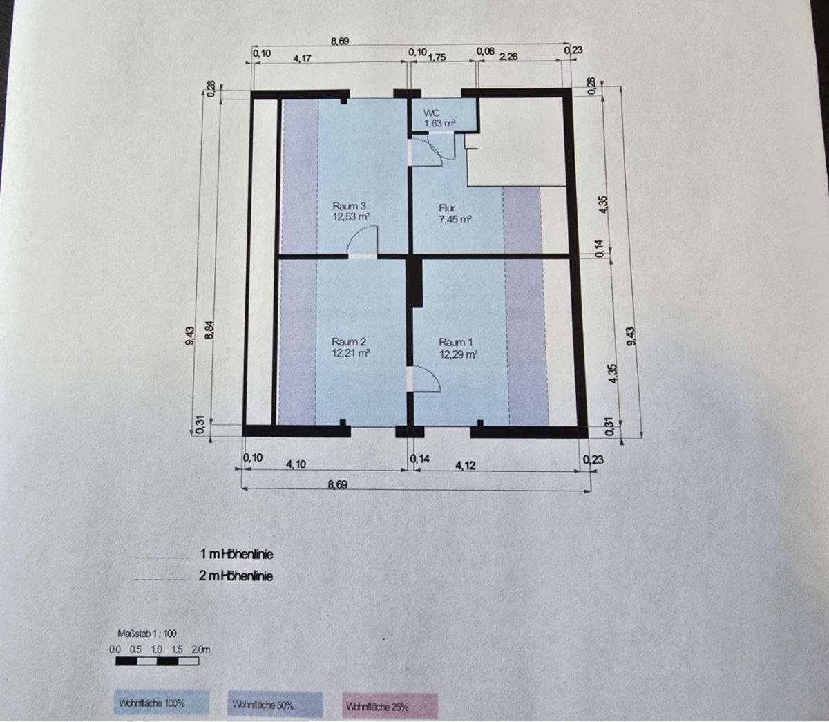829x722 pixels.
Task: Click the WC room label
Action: coord(431,113)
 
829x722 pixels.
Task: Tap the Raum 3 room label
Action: coord(349,205)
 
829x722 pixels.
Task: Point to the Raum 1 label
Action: coord(455,343)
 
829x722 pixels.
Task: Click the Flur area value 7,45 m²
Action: coord(455,219)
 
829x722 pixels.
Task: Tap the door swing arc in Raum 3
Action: coord(360,240)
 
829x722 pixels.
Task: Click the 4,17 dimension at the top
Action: coord(302,58)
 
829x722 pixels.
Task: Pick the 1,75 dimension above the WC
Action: coord(437,57)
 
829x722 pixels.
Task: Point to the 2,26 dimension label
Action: coord(508,57)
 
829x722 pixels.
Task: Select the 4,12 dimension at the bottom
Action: coord(465,466)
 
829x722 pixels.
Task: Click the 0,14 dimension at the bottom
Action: coord(420,459)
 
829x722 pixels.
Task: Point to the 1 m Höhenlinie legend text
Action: coord(237,555)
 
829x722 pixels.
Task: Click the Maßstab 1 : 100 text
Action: coord(147,634)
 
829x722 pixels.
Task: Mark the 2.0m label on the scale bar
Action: coord(201,649)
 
